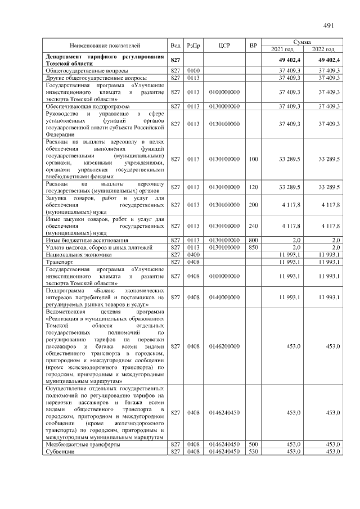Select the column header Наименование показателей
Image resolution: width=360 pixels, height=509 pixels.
[105, 44]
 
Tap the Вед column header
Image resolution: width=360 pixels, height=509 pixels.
[175, 44]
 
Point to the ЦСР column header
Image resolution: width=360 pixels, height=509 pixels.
[224, 44]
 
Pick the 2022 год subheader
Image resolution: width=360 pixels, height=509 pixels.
[323, 49]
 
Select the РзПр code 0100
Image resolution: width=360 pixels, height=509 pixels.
[194, 70]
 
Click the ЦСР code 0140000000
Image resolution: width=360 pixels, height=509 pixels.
[224, 296]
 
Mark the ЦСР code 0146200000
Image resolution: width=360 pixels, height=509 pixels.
[224, 346]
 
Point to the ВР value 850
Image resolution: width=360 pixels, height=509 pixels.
[253, 247]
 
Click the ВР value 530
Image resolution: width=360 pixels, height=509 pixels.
[253, 452]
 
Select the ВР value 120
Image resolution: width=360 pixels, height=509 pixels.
[253, 187]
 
